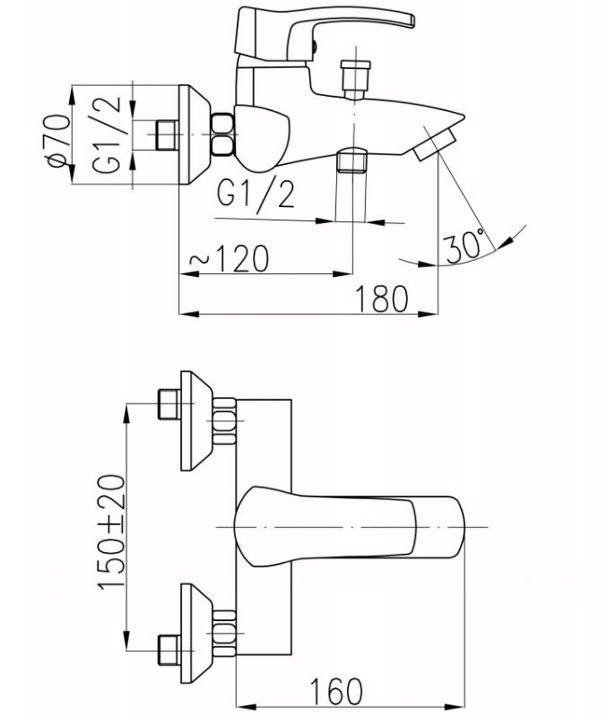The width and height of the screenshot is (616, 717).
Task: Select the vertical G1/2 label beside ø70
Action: tap(107, 135)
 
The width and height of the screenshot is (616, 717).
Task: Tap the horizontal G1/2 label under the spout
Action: tap(256, 195)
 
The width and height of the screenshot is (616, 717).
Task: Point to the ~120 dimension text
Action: tap(230, 259)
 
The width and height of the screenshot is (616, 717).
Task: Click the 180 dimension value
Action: tap(381, 299)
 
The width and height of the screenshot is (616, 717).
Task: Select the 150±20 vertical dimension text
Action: tap(111, 532)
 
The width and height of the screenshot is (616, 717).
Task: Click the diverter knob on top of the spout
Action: tap(355, 79)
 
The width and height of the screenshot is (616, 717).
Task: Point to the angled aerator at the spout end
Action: tap(435, 144)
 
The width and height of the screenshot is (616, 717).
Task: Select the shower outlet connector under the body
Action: tap(351, 160)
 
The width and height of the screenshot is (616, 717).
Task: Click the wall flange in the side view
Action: tap(195, 134)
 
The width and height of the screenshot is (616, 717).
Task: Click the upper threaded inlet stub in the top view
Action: tap(169, 404)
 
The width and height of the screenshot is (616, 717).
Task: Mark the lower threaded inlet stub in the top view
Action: tap(169, 651)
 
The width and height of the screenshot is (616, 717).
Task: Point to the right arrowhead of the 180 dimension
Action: tap(429, 315)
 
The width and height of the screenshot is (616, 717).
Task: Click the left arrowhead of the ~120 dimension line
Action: tap(189, 274)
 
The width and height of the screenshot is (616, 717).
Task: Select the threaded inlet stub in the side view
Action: tap(167, 135)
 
